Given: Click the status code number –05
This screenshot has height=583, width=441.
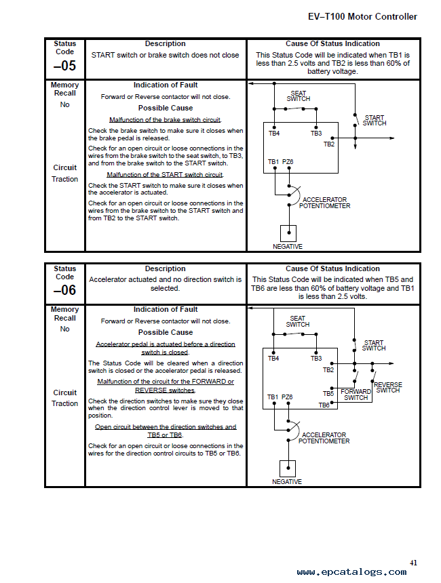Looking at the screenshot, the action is click(64, 66).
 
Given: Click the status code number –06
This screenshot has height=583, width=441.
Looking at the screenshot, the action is click(64, 290).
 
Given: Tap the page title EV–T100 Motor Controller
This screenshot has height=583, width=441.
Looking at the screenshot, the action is click(362, 17).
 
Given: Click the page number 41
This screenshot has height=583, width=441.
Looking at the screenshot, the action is click(413, 563).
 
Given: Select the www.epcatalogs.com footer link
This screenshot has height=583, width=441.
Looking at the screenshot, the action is click(351, 572).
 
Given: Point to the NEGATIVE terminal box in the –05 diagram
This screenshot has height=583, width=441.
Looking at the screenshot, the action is click(288, 233).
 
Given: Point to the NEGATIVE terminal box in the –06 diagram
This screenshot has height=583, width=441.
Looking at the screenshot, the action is click(288, 468).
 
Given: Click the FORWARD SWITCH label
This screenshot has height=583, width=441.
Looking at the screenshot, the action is click(356, 395).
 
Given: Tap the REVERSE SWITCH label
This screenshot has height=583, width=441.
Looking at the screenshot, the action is click(388, 388).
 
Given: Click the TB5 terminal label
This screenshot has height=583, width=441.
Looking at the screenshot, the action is click(328, 393).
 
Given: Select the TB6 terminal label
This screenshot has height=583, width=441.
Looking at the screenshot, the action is click(324, 405).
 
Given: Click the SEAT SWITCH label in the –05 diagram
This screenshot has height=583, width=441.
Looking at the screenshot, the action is click(298, 96).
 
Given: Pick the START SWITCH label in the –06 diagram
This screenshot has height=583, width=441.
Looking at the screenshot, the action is click(374, 346).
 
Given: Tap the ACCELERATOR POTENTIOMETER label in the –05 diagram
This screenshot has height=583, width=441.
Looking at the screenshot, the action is click(324, 203).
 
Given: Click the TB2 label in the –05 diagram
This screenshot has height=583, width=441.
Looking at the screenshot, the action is click(329, 144).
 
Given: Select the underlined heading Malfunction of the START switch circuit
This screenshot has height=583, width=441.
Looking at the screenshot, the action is click(165, 175).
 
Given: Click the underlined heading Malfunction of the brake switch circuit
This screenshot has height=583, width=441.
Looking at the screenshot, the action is click(165, 120).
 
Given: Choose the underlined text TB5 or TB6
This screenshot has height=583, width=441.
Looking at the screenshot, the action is click(165, 435).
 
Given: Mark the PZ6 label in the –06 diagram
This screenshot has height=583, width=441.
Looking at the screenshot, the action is click(287, 397).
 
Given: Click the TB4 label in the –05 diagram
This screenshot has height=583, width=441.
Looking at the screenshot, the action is click(274, 133).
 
